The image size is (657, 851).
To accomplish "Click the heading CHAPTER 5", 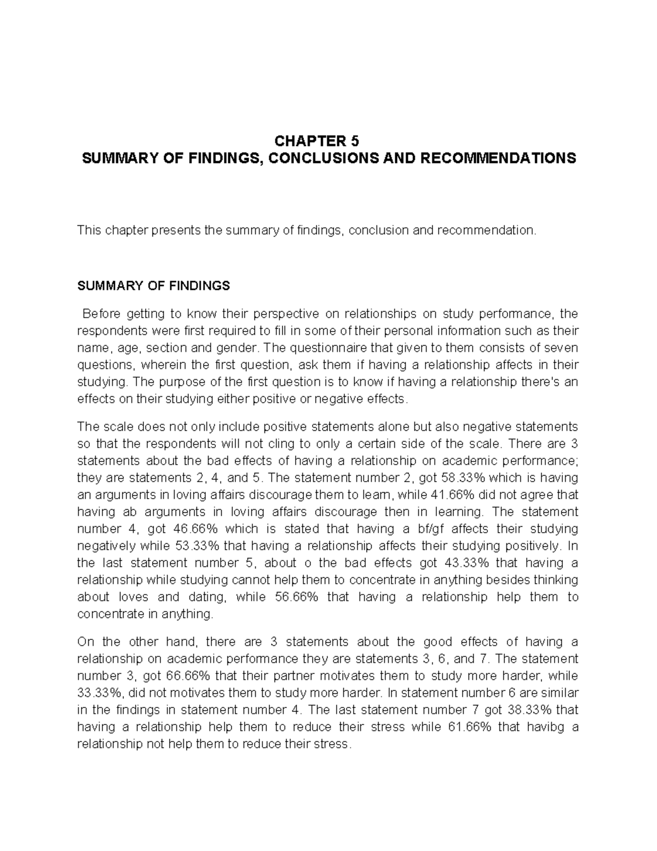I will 317,141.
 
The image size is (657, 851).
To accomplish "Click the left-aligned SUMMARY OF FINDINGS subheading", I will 154,286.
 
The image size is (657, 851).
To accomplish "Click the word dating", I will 214,597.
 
